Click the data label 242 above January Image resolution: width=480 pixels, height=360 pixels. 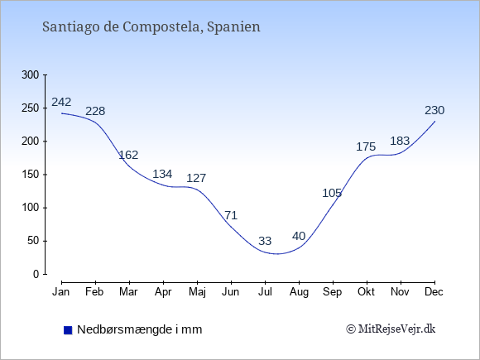pos(61,102)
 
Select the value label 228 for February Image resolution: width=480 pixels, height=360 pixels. pos(95,111)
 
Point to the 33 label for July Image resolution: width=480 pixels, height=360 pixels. pos(265,241)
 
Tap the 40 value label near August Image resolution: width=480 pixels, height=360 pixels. pos(299,236)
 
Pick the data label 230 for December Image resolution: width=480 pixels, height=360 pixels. pos(434,110)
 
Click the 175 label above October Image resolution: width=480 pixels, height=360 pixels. pos(366,146)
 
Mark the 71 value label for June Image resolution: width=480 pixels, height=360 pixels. pos(231,215)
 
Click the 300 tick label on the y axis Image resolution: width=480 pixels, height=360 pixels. pos(31,74)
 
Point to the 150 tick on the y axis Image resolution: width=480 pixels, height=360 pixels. pos(31,175)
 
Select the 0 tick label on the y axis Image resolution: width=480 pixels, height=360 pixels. pos(36,274)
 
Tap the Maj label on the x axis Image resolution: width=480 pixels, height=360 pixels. pos(197,292)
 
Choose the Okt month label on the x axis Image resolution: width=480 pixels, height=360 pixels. pos(366,292)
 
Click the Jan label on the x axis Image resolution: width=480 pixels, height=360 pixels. pos(61,292)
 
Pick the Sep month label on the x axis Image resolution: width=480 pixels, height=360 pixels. pos(333,292)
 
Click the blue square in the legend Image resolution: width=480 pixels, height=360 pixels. pos(68,330)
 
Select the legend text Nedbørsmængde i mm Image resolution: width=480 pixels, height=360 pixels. pos(140,329)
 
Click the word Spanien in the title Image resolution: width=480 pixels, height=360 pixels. pos(233,26)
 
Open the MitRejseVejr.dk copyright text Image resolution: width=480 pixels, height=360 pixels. pos(391,329)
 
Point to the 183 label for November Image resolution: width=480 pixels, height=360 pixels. pos(400,141)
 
